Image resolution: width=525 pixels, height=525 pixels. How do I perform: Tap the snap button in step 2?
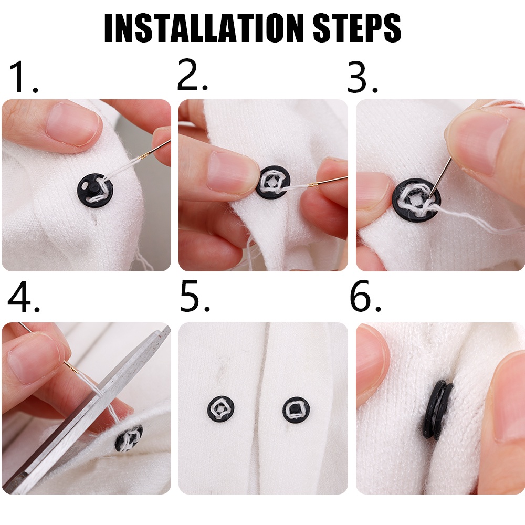coord(272,182)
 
